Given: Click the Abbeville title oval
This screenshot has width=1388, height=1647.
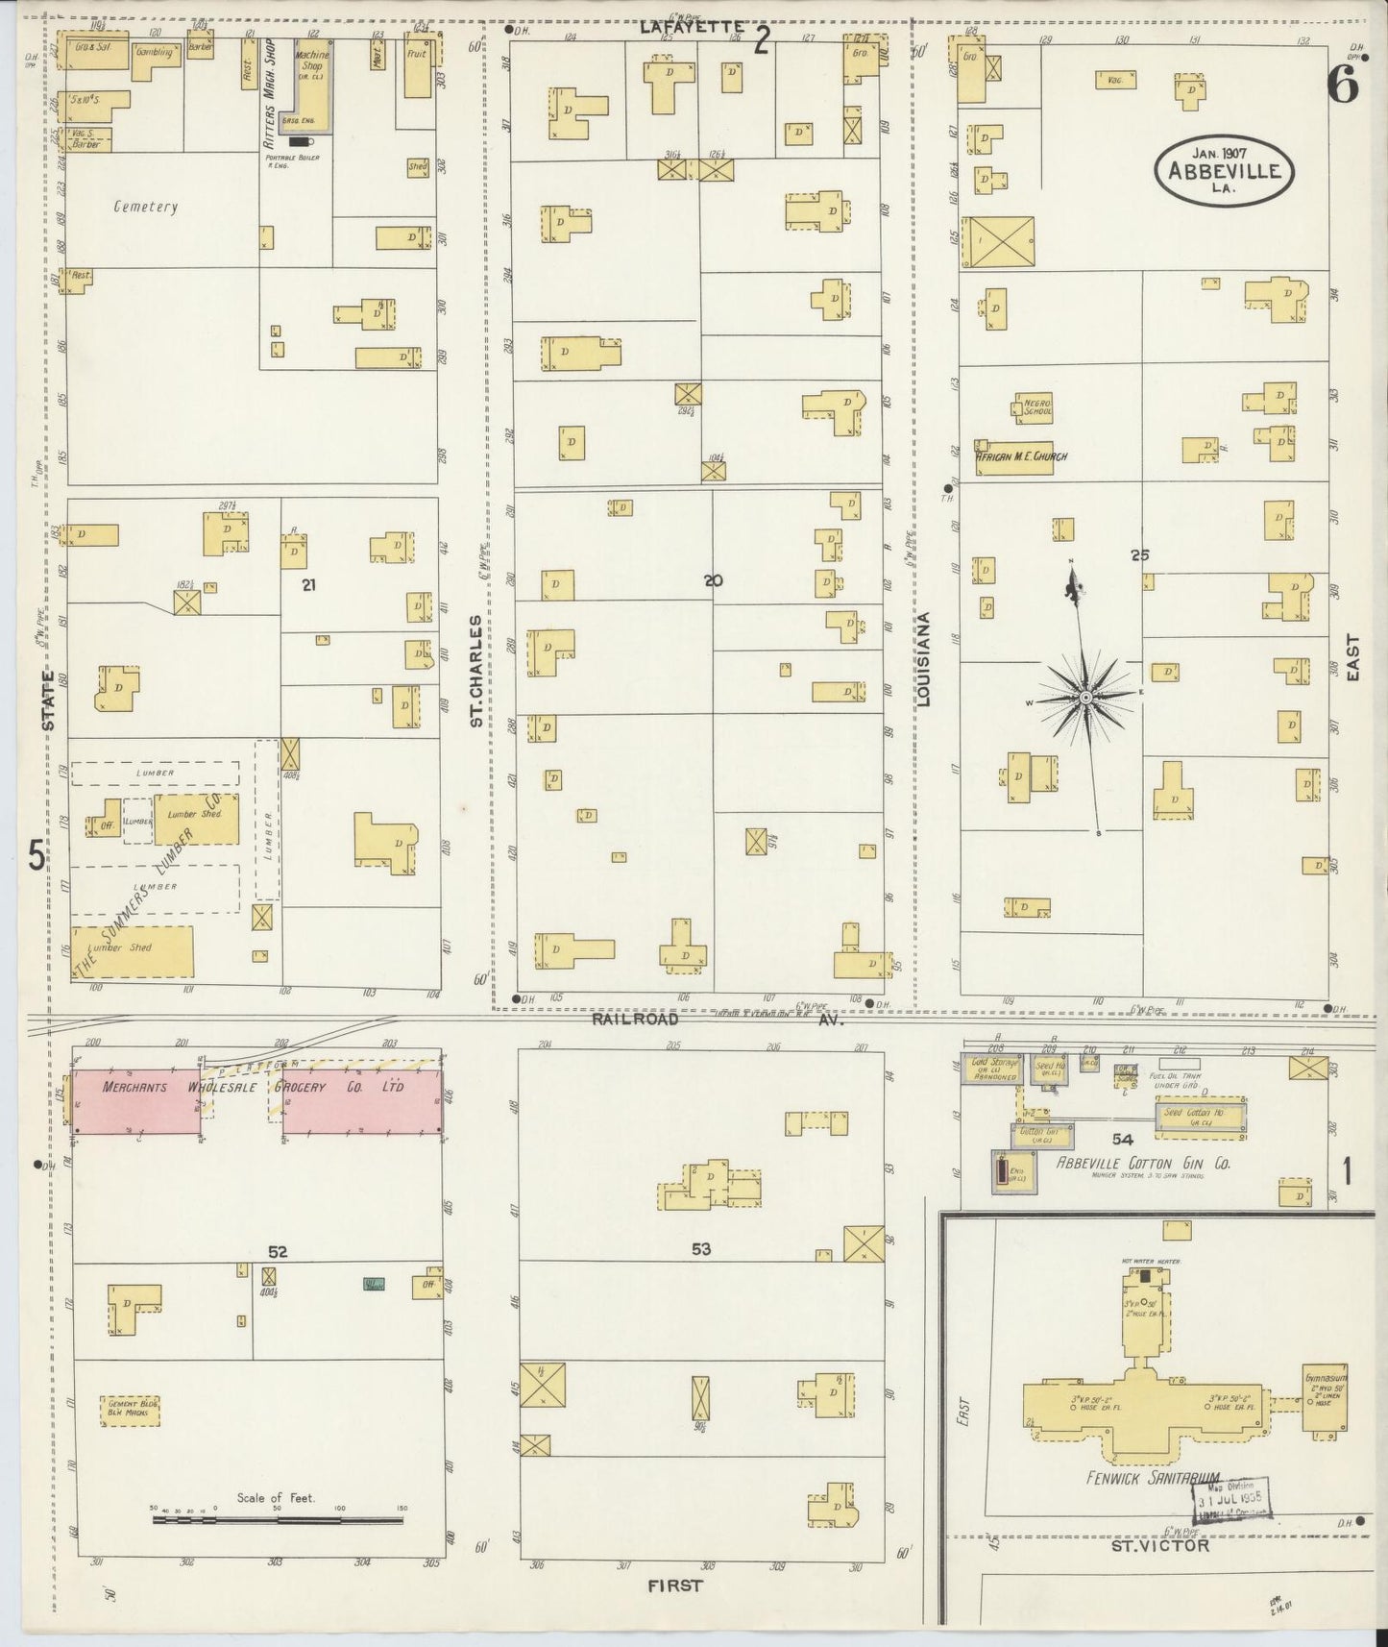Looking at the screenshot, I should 1224,170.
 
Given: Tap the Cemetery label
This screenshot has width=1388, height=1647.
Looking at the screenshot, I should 145,207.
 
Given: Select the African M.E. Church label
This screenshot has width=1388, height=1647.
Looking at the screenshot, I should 1021,456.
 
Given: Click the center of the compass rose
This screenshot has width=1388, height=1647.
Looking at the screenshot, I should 1084,697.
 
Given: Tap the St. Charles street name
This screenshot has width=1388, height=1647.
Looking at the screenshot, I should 475,671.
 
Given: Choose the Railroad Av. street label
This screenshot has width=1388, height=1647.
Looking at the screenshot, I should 716,1020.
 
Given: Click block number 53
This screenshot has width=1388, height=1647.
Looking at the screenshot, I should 701,1249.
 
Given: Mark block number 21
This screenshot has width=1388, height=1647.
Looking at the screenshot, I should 307,584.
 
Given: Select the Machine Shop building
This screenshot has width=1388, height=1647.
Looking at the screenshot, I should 312,86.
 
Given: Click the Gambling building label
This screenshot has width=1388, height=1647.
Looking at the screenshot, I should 154,53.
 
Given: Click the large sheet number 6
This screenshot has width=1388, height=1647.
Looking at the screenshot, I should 1343,86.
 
